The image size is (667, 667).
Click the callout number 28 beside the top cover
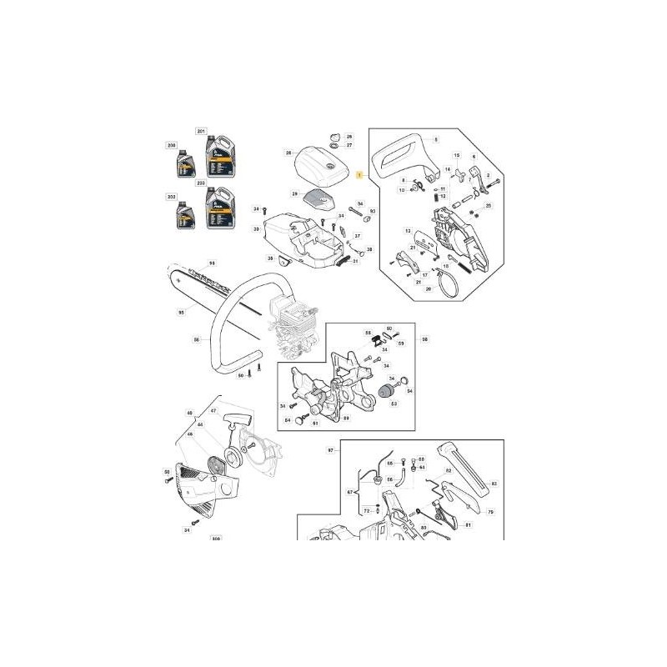point(288,153)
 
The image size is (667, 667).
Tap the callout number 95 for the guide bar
point(181,313)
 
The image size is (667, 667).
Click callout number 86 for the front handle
point(197,339)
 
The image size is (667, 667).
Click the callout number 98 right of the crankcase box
point(424,339)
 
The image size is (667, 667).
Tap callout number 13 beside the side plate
point(408,231)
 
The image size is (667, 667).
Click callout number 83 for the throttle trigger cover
point(494,484)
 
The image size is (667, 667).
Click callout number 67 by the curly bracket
point(351,493)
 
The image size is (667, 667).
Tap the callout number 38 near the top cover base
point(370,249)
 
